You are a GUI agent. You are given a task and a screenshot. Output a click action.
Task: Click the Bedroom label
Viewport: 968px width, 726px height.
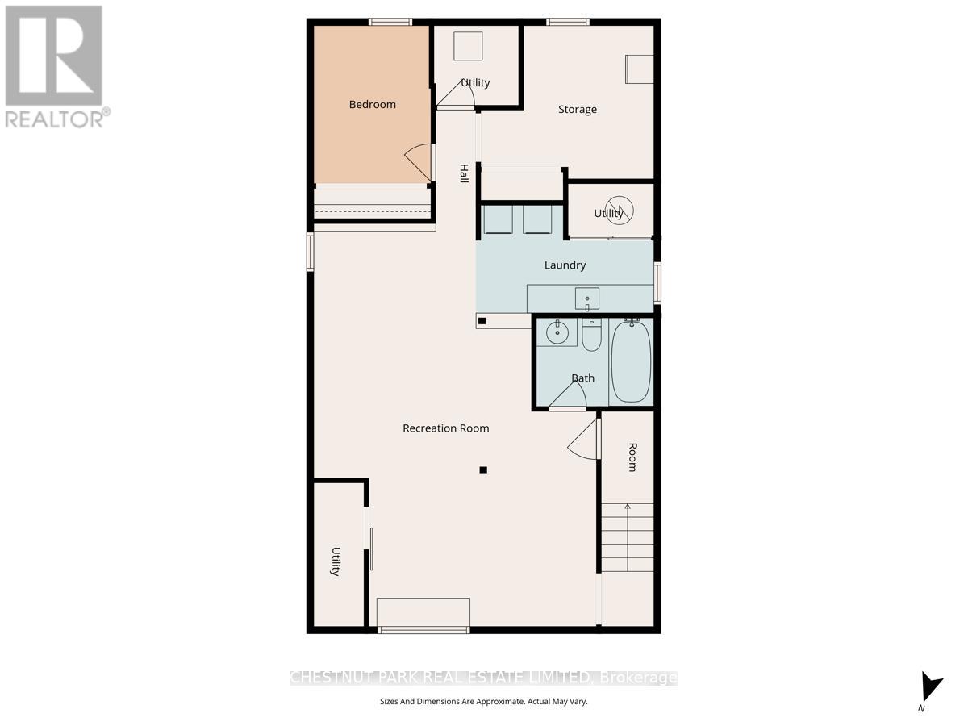(x=373, y=104)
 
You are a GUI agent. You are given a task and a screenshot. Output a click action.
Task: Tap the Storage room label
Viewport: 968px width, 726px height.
(x=578, y=109)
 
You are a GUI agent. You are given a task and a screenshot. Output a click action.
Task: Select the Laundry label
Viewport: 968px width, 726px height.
(x=565, y=265)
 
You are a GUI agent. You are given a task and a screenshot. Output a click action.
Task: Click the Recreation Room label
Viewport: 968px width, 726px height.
(x=446, y=428)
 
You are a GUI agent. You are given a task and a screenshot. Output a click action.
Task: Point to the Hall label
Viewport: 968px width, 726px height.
(x=464, y=173)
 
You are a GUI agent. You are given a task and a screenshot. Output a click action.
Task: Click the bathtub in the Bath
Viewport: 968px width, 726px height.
(x=631, y=361)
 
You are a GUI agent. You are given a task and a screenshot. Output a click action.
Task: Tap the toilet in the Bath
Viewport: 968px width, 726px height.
(x=591, y=336)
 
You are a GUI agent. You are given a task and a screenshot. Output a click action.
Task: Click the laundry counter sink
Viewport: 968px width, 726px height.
(x=587, y=298)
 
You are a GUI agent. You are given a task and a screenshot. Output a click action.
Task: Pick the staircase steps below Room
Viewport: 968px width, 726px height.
(x=628, y=536)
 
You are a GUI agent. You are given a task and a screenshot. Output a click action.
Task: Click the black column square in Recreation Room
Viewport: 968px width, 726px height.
(x=483, y=469)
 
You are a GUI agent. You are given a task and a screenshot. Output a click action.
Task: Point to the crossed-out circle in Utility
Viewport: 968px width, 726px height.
(x=620, y=210)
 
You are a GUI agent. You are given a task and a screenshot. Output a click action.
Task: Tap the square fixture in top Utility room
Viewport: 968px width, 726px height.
(x=468, y=46)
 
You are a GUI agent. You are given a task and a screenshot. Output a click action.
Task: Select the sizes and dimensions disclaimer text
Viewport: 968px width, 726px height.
(x=484, y=702)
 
